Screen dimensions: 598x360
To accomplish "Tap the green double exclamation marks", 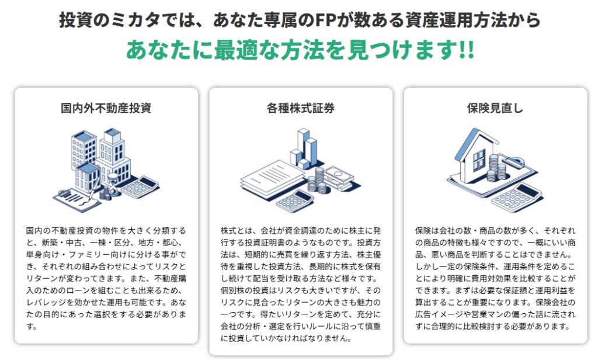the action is pos(467,50).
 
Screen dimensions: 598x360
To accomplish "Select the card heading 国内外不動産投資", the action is pos(106,108).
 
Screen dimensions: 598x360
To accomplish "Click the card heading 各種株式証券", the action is pos(301,108).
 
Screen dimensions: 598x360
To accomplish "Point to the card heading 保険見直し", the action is pos(495,108).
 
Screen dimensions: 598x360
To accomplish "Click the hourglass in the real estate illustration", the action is pos(113,182).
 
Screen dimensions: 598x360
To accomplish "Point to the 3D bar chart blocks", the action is pos(304,149).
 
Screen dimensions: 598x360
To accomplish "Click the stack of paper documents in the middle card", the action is pos(272,179).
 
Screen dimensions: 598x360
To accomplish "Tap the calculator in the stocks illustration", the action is pos(294,201).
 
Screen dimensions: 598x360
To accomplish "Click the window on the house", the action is pos(479,159).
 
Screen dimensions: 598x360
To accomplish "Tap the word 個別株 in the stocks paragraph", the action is pos(232,290).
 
